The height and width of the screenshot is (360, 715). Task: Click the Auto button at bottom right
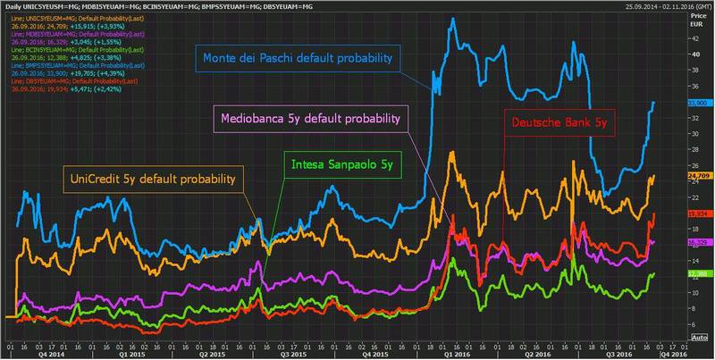pos(700,339)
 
